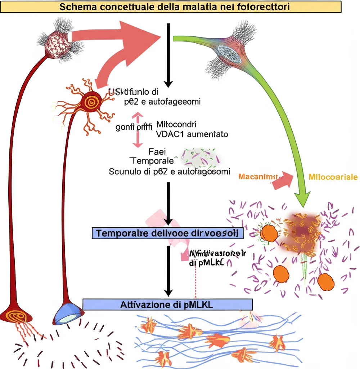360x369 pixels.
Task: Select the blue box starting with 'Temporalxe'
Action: [167, 234]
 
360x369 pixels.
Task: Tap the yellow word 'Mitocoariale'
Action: [333, 177]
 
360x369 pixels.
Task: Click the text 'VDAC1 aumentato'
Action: [192, 134]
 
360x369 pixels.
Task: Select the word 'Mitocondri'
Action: [176, 125]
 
